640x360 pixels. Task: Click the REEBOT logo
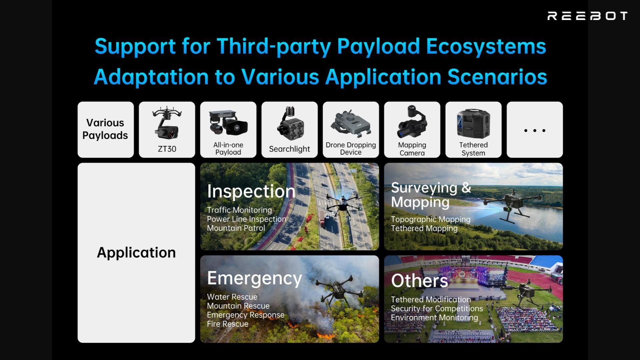587,16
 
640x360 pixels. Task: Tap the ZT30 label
167,149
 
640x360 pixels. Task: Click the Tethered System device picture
473,123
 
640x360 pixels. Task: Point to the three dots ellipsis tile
535,130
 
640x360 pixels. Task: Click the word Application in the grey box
136,253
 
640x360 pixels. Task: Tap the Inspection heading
251,191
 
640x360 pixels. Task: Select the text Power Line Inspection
247,219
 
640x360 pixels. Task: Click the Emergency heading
255,278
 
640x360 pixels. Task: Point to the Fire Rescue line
228,324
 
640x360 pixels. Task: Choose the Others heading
420,281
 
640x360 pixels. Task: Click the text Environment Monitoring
435,318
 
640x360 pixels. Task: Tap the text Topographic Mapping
431,219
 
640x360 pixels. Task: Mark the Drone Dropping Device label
351,149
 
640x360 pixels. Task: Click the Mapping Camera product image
412,121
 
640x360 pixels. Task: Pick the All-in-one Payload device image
228,123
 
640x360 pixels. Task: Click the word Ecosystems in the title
486,46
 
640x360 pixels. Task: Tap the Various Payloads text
105,129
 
